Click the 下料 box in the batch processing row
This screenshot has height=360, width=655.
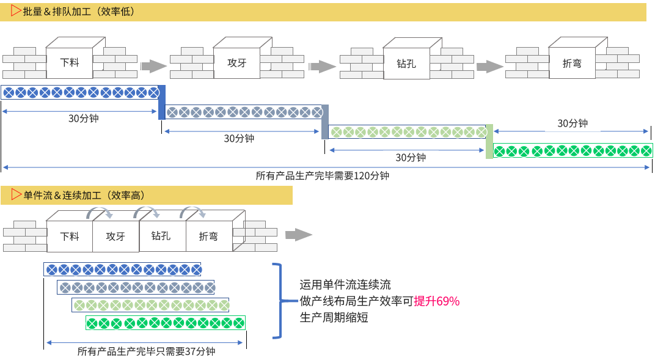click(x=69, y=62)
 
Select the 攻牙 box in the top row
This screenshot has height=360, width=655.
click(x=236, y=62)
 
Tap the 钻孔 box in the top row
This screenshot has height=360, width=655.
click(x=406, y=62)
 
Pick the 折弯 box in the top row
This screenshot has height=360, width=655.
click(x=572, y=63)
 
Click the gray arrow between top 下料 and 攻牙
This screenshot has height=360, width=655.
click(x=153, y=66)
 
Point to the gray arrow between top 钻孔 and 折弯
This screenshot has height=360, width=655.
click(x=489, y=66)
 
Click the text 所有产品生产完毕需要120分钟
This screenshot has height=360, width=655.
click(x=322, y=175)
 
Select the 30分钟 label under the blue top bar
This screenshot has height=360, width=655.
click(x=83, y=119)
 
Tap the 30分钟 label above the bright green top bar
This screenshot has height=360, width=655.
click(x=573, y=123)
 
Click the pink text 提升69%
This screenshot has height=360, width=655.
click(x=436, y=301)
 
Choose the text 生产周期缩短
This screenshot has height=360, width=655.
click(x=334, y=318)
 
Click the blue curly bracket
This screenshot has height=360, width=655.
click(x=277, y=300)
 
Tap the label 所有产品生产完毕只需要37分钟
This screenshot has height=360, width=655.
click(x=146, y=351)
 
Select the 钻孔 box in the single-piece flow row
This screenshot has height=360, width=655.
click(x=161, y=235)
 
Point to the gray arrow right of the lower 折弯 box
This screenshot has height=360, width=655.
click(x=298, y=235)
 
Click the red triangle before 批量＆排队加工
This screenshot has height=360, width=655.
click(x=16, y=11)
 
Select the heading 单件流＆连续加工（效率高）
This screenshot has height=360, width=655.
click(x=84, y=196)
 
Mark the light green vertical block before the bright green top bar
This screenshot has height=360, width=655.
click(x=489, y=141)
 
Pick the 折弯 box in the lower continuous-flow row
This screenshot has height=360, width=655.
click(x=208, y=236)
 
